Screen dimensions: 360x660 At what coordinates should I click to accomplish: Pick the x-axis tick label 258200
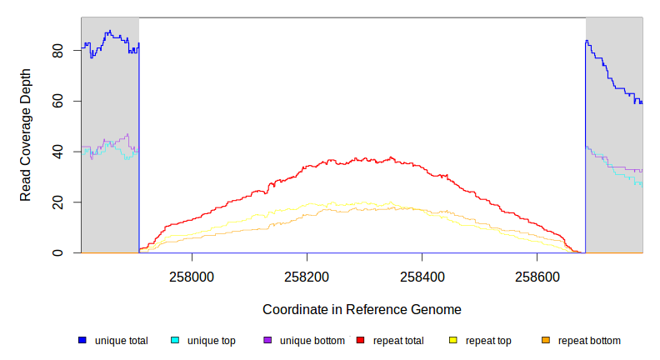point(307,275)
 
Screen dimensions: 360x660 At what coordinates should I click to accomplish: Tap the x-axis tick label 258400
point(422,275)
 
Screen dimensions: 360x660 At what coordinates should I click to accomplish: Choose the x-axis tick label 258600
point(537,275)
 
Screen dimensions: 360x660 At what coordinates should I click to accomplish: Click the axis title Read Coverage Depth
point(26,135)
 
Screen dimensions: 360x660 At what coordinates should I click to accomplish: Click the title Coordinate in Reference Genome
point(362,309)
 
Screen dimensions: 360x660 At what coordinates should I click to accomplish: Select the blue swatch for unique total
point(82,340)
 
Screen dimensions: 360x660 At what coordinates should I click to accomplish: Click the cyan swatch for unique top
point(175,340)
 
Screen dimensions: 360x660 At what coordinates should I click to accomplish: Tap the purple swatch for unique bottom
point(267,340)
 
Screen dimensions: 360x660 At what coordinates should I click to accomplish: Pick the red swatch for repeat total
point(361,340)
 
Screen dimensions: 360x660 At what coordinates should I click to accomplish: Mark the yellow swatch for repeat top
point(453,340)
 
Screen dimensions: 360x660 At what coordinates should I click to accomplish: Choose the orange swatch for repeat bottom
point(546,340)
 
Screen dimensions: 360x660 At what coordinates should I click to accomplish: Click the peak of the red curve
point(392,157)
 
